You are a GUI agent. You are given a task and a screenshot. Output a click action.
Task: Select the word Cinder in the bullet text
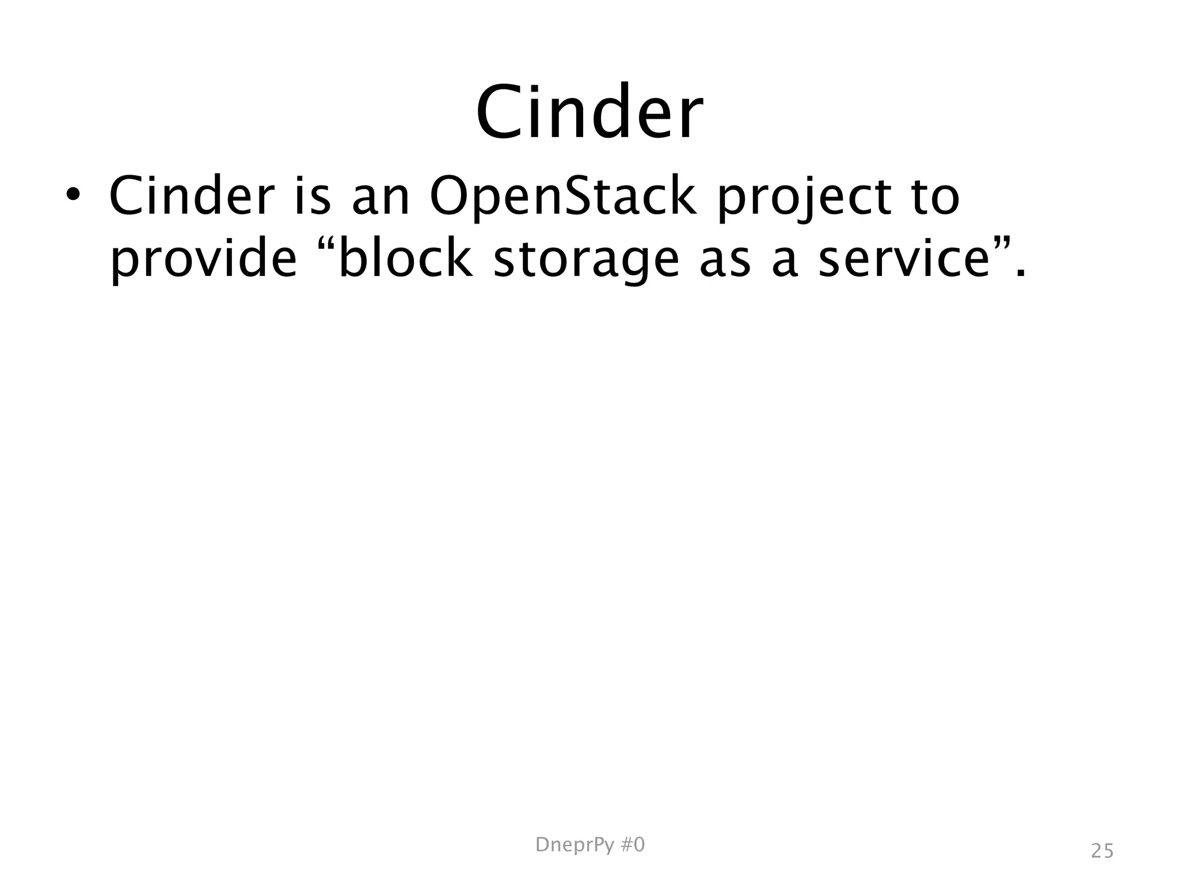tap(191, 196)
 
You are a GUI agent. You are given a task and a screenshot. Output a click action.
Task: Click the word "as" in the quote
tap(725, 260)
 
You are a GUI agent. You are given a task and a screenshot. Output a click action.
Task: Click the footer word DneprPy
tap(573, 845)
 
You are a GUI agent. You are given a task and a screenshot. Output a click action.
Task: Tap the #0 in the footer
tap(632, 845)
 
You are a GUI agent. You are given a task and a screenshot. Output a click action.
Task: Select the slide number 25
tap(1102, 851)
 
